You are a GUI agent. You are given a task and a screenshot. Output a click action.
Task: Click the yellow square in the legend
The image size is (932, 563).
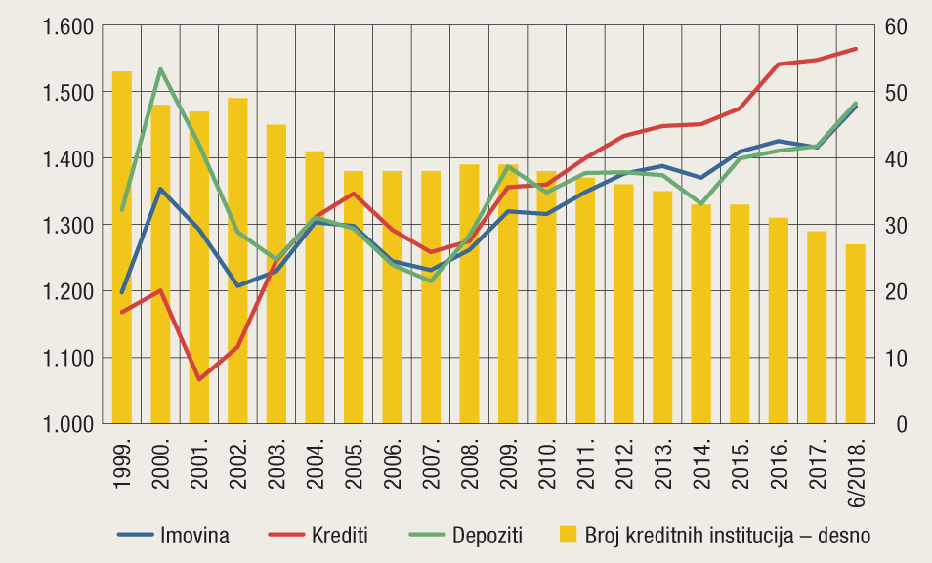tap(567, 535)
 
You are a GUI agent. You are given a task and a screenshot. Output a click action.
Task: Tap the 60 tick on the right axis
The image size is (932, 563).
tap(897, 26)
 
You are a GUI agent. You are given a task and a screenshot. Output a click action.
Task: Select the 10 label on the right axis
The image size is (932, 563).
tap(897, 358)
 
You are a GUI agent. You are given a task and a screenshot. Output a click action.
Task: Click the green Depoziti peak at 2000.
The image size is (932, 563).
tap(160, 69)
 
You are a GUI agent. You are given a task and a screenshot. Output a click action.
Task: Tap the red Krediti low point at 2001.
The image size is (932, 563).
tap(199, 379)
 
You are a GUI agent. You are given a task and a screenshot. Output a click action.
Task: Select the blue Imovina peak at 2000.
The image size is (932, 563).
tap(160, 189)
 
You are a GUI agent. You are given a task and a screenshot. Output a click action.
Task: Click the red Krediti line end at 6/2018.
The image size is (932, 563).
tap(856, 49)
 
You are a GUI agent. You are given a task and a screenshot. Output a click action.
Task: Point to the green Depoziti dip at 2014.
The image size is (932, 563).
tap(701, 204)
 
